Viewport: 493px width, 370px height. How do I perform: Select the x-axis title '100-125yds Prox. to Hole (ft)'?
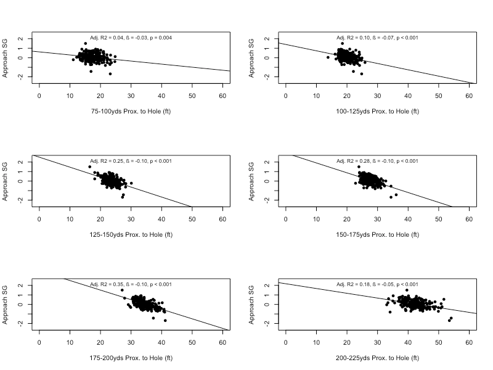(377, 112)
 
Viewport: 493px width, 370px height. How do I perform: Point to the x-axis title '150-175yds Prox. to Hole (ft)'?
(377, 235)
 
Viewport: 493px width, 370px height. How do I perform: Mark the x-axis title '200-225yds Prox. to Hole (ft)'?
(377, 358)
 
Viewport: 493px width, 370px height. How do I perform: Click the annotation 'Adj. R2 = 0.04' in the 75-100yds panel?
(131, 38)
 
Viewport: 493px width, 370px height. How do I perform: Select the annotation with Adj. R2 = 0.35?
(131, 284)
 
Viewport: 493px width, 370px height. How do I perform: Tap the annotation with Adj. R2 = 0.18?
(377, 284)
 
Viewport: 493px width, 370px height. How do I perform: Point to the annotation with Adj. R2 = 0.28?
(377, 161)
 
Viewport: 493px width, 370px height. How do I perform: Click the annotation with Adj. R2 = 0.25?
(131, 161)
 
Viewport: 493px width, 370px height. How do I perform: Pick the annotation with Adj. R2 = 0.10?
(377, 38)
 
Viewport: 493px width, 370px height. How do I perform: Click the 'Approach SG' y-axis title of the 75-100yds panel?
(6, 58)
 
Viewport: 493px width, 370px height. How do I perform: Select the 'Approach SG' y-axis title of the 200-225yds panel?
(252, 305)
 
